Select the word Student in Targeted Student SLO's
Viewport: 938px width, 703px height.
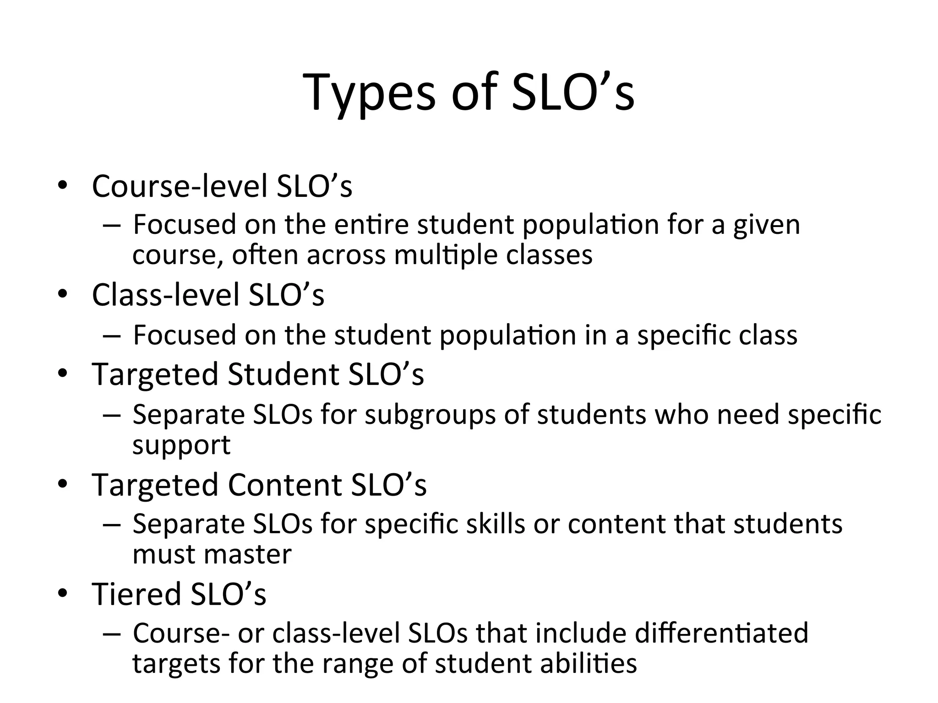coord(284,374)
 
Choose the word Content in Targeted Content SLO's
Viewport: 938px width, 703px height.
coord(285,485)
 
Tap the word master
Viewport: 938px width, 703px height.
coord(247,554)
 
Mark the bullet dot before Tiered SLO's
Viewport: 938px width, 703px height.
coord(62,593)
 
